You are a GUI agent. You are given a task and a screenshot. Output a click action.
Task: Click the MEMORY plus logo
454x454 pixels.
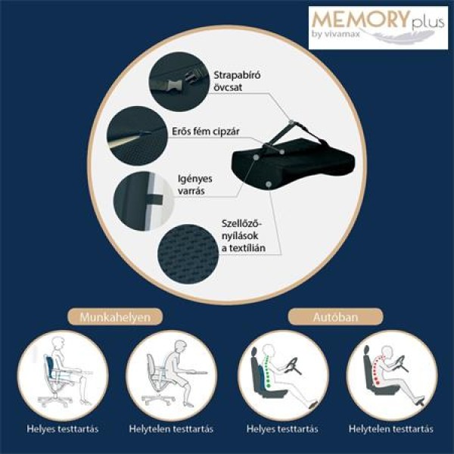(378, 27)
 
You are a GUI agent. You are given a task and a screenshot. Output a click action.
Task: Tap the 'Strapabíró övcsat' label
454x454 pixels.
(237, 81)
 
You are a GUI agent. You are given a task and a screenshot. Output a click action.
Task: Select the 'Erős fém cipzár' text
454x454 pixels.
(206, 132)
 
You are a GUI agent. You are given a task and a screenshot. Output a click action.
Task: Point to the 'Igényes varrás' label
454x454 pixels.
(195, 185)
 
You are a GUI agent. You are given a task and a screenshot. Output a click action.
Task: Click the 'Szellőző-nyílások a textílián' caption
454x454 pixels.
(244, 235)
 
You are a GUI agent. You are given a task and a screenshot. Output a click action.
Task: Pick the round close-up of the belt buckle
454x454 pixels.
(179, 82)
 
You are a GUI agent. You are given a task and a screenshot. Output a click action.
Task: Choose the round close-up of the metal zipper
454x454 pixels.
(137, 135)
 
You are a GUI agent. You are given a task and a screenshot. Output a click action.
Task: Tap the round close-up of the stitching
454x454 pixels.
(144, 201)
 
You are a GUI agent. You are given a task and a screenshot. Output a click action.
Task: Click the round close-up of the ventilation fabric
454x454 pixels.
(188, 254)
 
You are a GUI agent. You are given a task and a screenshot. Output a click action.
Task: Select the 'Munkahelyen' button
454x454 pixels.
(115, 317)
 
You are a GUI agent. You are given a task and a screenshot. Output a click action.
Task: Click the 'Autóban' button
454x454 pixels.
(335, 317)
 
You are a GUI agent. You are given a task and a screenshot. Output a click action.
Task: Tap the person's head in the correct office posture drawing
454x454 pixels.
(58, 345)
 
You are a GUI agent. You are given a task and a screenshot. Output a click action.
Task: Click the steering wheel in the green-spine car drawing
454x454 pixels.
(293, 366)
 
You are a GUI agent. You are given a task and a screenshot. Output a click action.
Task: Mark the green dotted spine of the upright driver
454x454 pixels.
(268, 371)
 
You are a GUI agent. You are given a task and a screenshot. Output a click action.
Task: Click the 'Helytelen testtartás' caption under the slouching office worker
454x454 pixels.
(171, 429)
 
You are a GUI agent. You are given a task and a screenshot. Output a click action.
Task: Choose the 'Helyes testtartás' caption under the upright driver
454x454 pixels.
(282, 429)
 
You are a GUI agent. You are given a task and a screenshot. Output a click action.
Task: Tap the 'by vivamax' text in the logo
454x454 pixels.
(336, 34)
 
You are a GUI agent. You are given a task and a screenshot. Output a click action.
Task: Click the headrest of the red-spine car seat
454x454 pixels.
(367, 350)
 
